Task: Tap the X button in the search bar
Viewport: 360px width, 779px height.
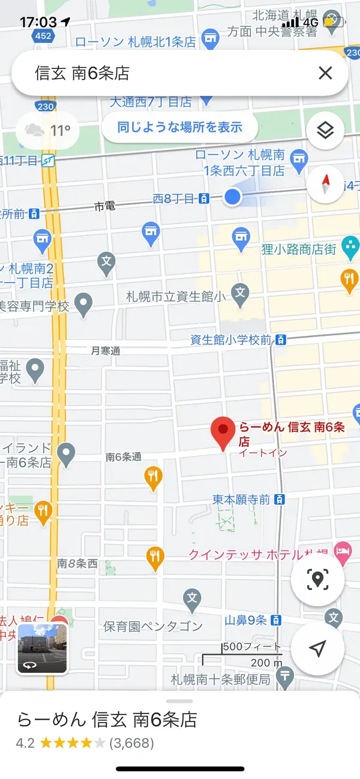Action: point(325,73)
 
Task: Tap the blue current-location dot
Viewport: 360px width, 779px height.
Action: point(233,197)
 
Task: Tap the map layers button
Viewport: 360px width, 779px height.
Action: point(325,130)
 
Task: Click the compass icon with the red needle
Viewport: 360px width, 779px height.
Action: point(325,184)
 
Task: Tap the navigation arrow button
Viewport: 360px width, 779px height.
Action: point(317,648)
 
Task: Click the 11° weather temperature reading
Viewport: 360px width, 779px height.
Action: point(60,130)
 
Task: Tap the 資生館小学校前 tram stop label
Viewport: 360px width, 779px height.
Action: point(230,340)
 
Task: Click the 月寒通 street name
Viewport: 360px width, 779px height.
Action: point(106,351)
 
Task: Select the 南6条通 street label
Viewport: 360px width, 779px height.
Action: point(124,457)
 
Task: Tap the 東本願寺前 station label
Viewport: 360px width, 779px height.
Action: point(241,499)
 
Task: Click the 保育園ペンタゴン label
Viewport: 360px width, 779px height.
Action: point(153,627)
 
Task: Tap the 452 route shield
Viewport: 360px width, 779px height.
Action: point(43,36)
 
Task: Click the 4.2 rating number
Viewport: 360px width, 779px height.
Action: point(25,743)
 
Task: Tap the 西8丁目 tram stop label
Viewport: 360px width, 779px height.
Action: point(173,197)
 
